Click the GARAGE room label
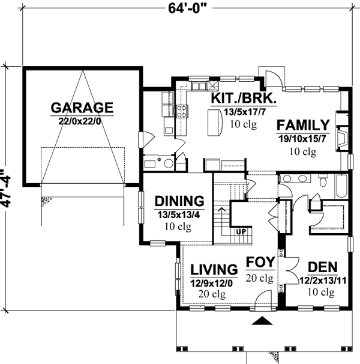[x=82, y=108]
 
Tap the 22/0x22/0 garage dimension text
[x=82, y=121]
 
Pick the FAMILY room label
[x=303, y=126]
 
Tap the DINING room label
[x=179, y=201]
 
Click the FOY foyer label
[x=260, y=262]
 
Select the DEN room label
[x=322, y=267]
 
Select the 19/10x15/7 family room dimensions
[x=304, y=139]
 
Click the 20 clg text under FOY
[x=260, y=278]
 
